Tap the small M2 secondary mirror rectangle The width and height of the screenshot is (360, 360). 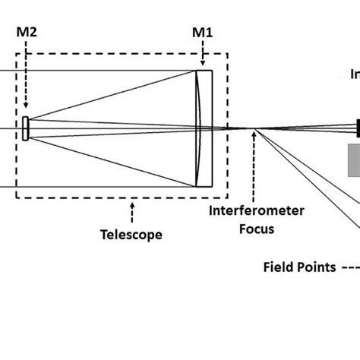pyautogui.click(x=27, y=128)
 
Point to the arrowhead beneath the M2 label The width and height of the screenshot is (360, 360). pyautogui.click(x=27, y=107)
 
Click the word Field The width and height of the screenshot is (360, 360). pyautogui.click(x=277, y=267)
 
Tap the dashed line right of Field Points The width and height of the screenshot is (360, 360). pyautogui.click(x=349, y=267)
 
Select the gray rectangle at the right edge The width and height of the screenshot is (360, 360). pyautogui.click(x=354, y=159)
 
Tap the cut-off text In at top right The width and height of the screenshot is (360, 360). pyautogui.click(x=354, y=74)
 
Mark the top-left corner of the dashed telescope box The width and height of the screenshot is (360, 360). pyautogui.click(x=17, y=53)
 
